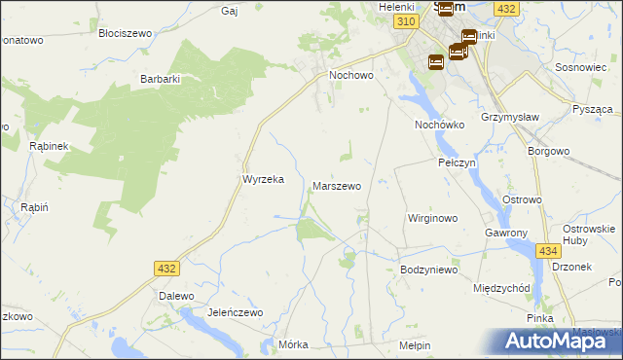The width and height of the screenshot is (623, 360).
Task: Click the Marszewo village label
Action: (337, 185)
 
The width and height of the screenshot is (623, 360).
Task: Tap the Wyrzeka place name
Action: (262, 179)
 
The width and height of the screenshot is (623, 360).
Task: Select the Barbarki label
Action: (161, 79)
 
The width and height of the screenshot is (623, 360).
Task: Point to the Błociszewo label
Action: (126, 33)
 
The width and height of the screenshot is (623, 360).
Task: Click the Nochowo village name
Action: (351, 74)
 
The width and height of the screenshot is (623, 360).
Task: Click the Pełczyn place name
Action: (457, 162)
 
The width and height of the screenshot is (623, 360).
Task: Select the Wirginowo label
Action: (432, 218)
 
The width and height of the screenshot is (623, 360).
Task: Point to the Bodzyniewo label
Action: (428, 270)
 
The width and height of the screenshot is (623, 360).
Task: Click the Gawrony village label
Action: (506, 234)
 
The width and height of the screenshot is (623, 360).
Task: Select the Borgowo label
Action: (547, 151)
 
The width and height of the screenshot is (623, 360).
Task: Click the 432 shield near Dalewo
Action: (166, 268)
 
